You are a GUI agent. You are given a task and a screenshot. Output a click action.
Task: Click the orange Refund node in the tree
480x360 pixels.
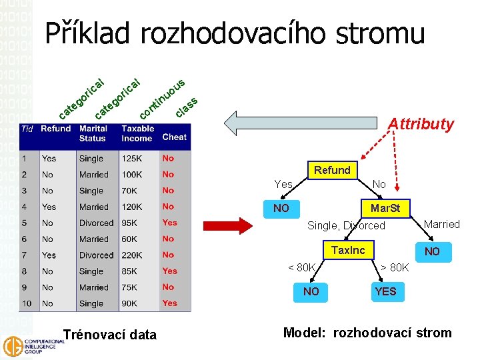pos(332,170)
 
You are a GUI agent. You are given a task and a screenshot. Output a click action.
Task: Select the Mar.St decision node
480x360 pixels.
pos(385,209)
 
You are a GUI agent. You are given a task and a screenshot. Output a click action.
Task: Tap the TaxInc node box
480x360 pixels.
pos(348,251)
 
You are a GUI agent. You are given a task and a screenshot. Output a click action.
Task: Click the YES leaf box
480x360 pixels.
pos(385,291)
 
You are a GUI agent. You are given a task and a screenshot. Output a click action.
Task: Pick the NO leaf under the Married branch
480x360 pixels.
pos(432,251)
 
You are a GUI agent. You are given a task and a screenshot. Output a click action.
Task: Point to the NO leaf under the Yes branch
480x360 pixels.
pos(281,209)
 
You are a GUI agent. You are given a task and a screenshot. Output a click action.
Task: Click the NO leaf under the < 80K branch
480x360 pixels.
pos(311,291)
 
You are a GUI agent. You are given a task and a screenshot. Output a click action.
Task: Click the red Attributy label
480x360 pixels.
pos(421,124)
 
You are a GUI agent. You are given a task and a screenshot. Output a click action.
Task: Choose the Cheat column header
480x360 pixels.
pos(174,137)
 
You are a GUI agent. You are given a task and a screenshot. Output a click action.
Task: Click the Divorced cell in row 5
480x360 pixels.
pos(97,223)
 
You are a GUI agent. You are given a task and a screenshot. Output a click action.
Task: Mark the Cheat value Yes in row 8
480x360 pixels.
pos(170,271)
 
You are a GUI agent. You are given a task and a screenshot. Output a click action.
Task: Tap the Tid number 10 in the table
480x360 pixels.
pos(27,303)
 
